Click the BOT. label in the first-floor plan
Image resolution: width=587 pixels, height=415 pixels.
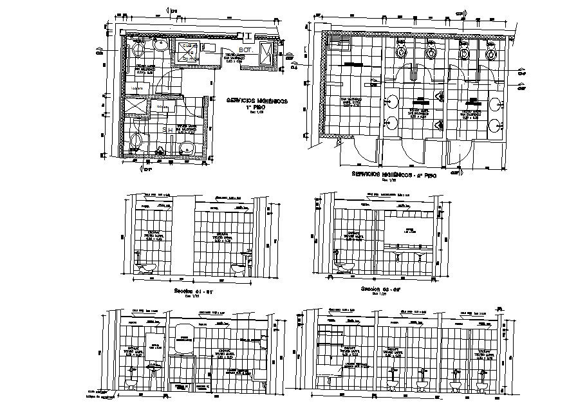pyautogui.click(x=245, y=50)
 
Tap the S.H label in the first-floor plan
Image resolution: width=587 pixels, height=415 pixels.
pyautogui.click(x=167, y=129)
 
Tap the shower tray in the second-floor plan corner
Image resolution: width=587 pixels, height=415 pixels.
pyautogui.click(x=339, y=43)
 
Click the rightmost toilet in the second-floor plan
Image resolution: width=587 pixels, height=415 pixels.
pyautogui.click(x=491, y=50)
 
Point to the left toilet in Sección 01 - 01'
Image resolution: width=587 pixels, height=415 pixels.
pyautogui.click(x=147, y=267)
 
